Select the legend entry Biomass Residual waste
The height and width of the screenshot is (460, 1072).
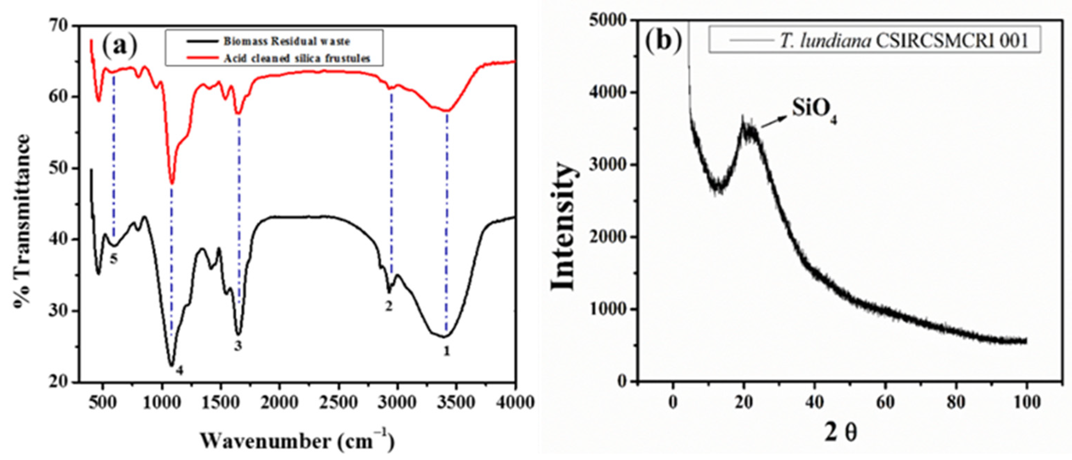(287, 41)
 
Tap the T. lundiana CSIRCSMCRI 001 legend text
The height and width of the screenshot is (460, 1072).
(903, 41)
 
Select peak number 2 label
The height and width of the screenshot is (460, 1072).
(389, 306)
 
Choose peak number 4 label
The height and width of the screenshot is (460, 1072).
(179, 370)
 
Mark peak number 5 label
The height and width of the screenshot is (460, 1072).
(113, 259)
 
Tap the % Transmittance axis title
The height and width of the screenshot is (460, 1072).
(24, 221)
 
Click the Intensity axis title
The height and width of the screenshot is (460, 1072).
(563, 227)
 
